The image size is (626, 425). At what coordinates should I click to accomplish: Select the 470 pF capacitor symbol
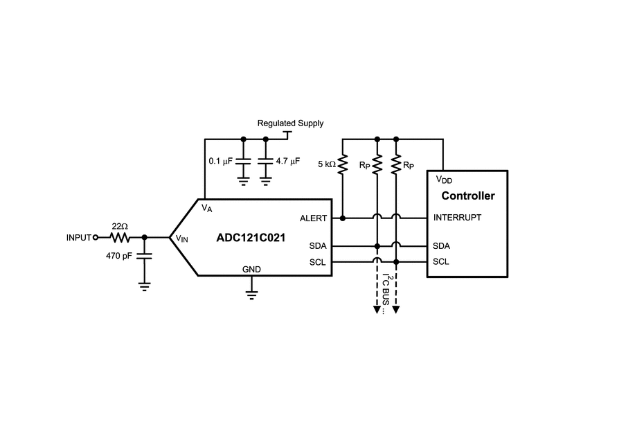pyautogui.click(x=144, y=255)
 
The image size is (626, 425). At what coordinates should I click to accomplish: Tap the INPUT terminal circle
pyautogui.click(x=95, y=238)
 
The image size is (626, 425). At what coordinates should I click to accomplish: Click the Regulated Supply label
pyautogui.click(x=289, y=123)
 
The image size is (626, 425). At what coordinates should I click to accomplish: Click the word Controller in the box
pyautogui.click(x=467, y=196)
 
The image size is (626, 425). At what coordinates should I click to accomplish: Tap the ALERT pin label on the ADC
pyautogui.click(x=313, y=218)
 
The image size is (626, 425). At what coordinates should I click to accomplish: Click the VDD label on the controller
pyautogui.click(x=444, y=179)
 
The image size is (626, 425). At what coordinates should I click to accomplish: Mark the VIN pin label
pyautogui.click(x=181, y=238)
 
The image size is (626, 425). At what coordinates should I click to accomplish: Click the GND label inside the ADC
pyautogui.click(x=251, y=268)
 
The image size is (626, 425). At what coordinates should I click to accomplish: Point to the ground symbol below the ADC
pyautogui.click(x=251, y=290)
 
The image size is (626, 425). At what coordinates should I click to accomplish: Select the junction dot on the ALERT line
pyautogui.click(x=342, y=218)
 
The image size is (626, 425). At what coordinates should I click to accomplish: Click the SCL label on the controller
pyautogui.click(x=441, y=262)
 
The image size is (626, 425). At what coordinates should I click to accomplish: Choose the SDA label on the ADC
pyautogui.click(x=319, y=246)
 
